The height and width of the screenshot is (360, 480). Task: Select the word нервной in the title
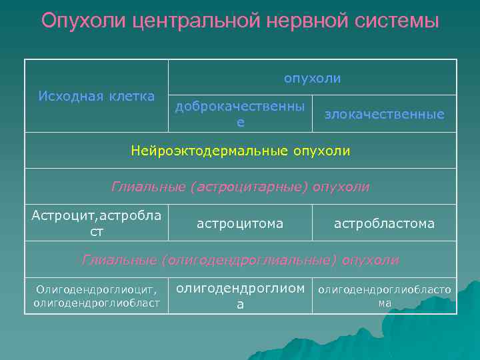click(x=299, y=21)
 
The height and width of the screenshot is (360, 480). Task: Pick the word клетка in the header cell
click(x=129, y=96)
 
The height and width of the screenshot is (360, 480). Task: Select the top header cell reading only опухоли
click(x=312, y=79)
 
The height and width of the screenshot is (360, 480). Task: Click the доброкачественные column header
click(x=240, y=114)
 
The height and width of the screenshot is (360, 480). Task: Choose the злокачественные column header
click(x=384, y=114)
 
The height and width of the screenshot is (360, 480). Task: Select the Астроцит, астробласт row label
click(x=96, y=223)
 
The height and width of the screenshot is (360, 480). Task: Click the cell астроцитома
click(x=240, y=223)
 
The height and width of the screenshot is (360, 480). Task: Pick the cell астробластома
click(x=384, y=223)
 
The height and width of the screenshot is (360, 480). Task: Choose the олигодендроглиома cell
click(x=240, y=296)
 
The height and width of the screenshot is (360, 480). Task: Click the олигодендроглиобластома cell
click(x=384, y=296)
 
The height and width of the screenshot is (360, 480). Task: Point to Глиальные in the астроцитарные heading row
click(x=147, y=187)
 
